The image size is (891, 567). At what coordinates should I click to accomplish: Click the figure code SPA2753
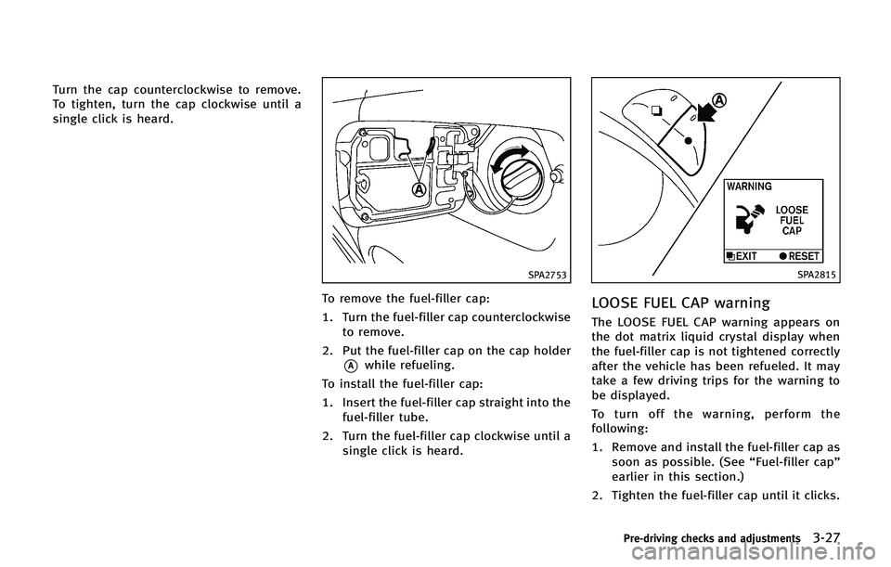click(x=546, y=275)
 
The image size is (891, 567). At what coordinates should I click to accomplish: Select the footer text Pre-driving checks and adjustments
click(x=711, y=538)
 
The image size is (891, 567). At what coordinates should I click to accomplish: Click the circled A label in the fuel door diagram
click(x=419, y=189)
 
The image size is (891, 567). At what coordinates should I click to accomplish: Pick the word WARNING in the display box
click(x=750, y=187)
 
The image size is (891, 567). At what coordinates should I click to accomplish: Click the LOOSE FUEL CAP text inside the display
click(x=792, y=220)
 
